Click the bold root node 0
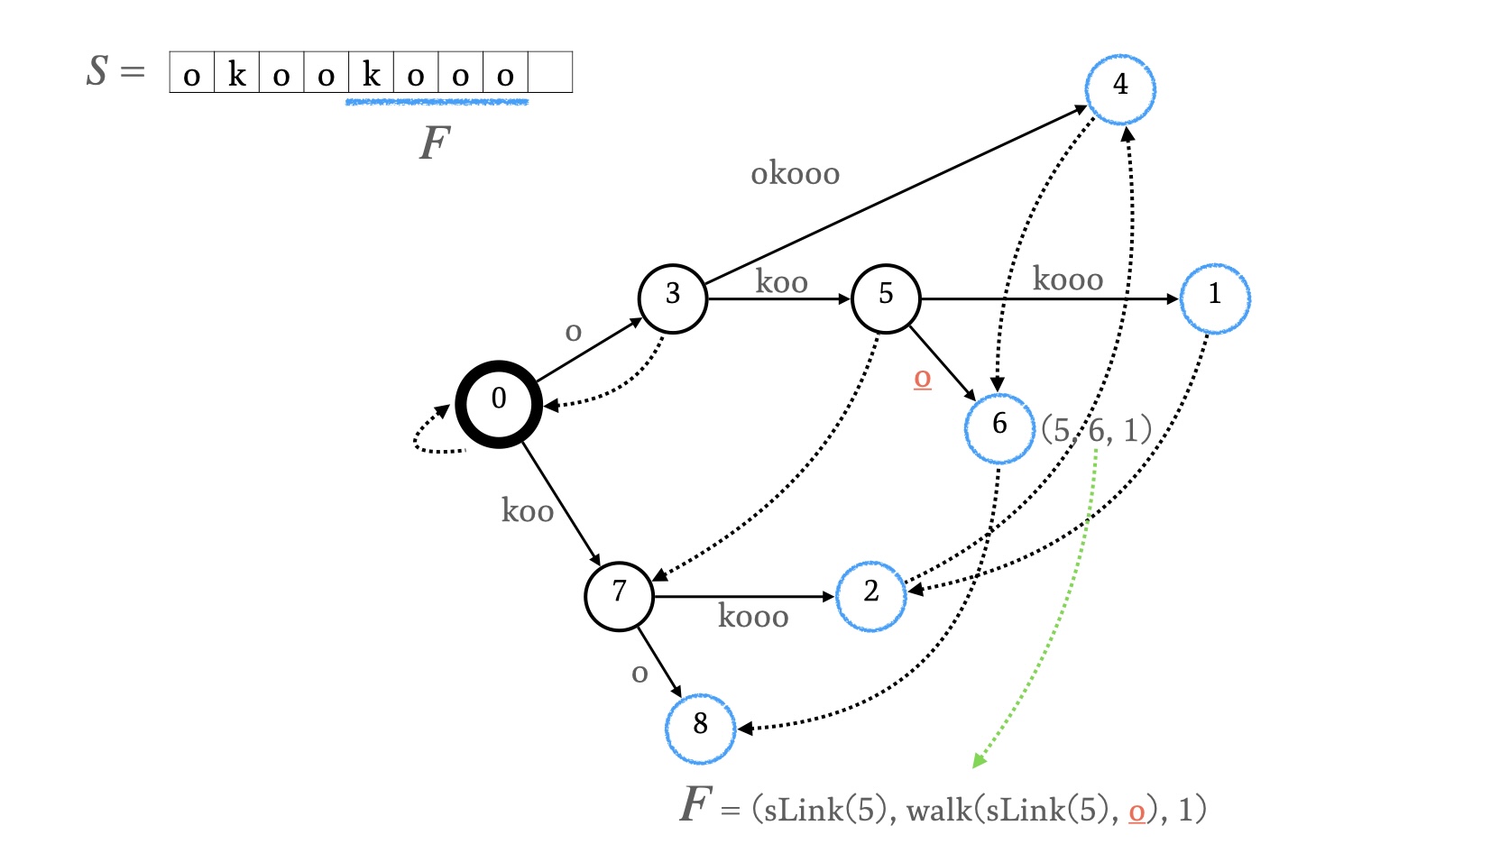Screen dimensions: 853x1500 (x=499, y=404)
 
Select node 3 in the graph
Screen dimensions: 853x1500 (x=672, y=298)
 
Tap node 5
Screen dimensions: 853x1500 (x=886, y=298)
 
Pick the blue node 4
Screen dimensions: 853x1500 (x=1120, y=88)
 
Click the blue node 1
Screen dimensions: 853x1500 (x=1215, y=298)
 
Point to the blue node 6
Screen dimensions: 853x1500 (x=999, y=428)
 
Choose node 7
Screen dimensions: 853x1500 (x=619, y=596)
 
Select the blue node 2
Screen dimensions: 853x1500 (x=870, y=596)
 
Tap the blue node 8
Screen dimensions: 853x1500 (x=700, y=729)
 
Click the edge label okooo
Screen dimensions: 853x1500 (x=795, y=173)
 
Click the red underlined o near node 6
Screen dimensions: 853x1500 (x=922, y=378)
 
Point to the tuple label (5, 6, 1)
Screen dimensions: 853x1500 (x=1096, y=430)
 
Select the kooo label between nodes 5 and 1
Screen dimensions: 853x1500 (x=1067, y=280)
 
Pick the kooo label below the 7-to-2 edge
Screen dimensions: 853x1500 (x=753, y=617)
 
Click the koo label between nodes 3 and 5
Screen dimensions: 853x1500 (x=781, y=282)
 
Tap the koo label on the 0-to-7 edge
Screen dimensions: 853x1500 (x=527, y=511)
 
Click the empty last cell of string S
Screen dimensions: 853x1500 (x=550, y=73)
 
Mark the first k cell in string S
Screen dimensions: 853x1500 (x=236, y=73)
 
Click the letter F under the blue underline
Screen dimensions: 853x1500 (x=435, y=142)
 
